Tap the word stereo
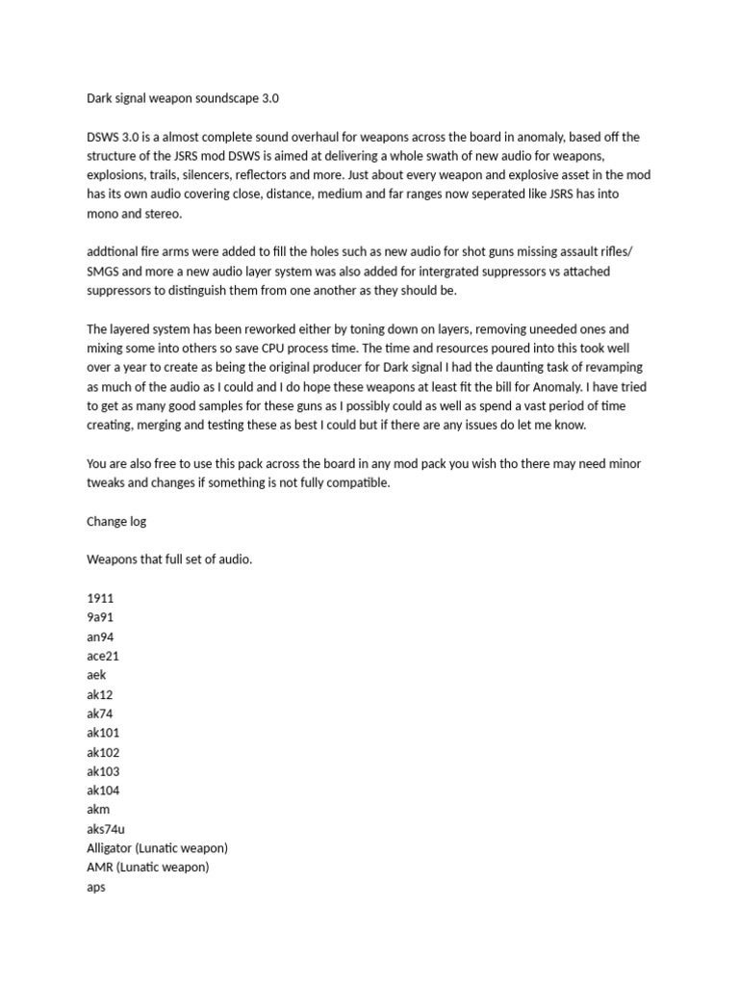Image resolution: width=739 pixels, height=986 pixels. (x=152, y=214)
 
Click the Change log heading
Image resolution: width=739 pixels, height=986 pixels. (x=116, y=521)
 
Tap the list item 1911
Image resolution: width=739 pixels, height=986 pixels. (x=100, y=598)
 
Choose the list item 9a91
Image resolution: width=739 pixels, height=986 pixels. (x=100, y=617)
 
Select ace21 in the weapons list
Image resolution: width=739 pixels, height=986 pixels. (x=103, y=656)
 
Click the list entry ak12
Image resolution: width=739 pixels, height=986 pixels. (x=100, y=694)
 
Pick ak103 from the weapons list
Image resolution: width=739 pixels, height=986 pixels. (x=103, y=771)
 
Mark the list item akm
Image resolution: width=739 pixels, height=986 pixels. (x=99, y=810)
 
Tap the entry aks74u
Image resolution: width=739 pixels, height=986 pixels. (x=106, y=829)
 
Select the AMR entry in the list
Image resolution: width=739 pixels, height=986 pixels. (x=100, y=868)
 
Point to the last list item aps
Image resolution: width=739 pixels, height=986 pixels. (x=96, y=887)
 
